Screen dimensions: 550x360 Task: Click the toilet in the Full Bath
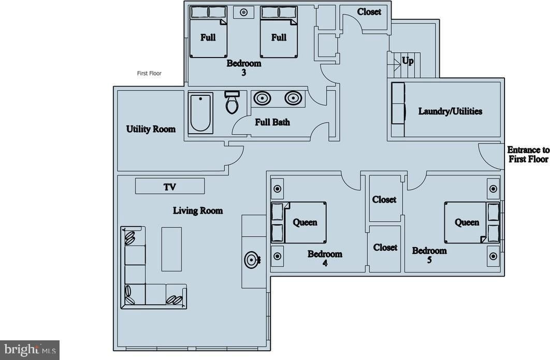pos(231,103)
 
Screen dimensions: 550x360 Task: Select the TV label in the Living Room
pos(170,187)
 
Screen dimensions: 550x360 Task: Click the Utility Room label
pos(151,129)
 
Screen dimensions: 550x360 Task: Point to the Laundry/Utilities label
pos(450,111)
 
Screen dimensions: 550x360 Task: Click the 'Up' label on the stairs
pos(408,61)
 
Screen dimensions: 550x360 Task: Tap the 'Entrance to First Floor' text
pos(528,154)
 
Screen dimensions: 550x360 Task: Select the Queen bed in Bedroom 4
pos(305,222)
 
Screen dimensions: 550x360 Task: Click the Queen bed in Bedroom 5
pos(466,222)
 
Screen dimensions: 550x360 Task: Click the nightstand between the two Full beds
pos(243,12)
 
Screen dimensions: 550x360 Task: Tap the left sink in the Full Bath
pos(262,97)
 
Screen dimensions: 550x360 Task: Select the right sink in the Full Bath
pos(293,97)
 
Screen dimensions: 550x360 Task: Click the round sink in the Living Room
pos(253,259)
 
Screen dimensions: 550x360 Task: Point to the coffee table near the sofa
pos(171,249)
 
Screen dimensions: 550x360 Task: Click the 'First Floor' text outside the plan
pos(149,74)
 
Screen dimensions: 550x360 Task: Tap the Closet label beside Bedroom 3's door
pos(369,12)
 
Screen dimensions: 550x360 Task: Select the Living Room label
pos(198,210)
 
